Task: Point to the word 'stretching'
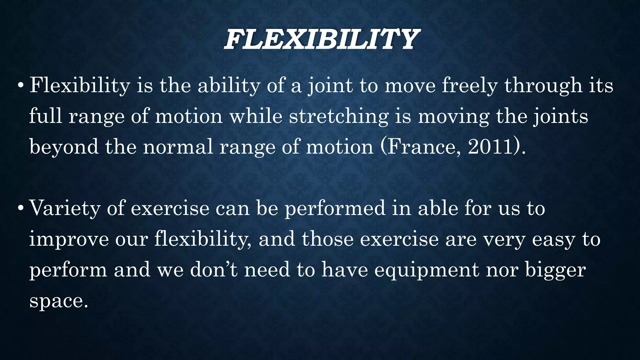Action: coord(338,116)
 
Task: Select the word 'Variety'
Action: coord(64,208)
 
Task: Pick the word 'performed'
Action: coord(335,208)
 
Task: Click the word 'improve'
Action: coord(69,239)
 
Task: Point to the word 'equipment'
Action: coord(427,270)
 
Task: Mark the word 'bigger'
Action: coord(555,270)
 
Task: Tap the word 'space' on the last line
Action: coord(56,301)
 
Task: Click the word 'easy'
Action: coord(553,240)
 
